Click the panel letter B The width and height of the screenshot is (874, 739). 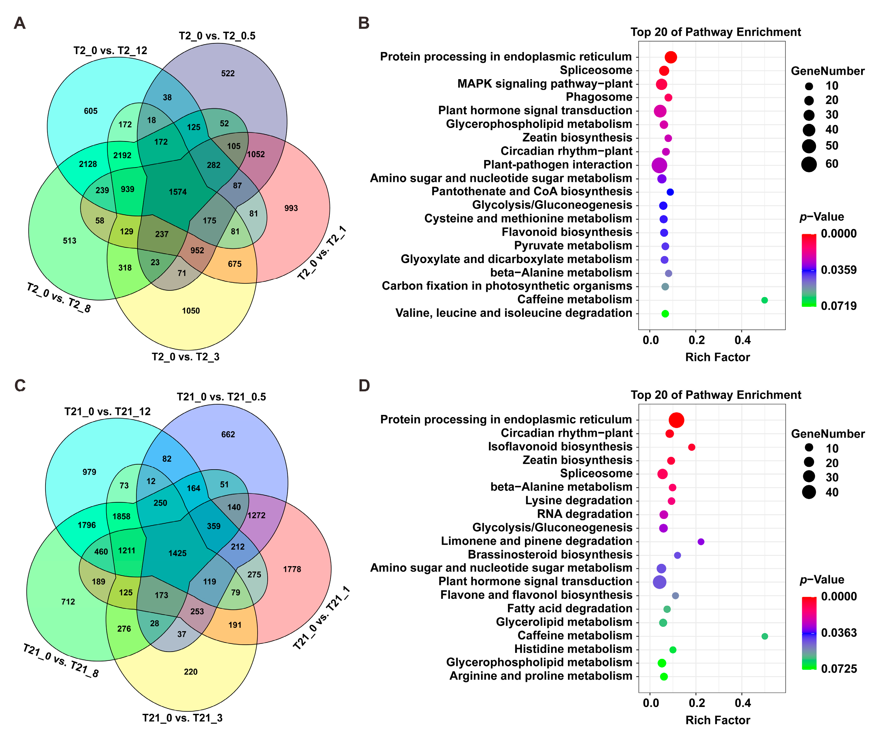tap(363, 23)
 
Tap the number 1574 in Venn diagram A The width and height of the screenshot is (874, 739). tap(178, 192)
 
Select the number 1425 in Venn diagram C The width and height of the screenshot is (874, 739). tap(177, 553)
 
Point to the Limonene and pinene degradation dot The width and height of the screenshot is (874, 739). tap(701, 542)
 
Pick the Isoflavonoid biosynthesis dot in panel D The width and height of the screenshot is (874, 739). tap(691, 447)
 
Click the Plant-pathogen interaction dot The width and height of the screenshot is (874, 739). tap(659, 165)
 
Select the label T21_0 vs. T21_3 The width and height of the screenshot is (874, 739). tap(182, 718)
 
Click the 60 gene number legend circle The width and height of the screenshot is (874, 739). tap(809, 164)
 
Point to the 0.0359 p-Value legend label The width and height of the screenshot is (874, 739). tap(838, 270)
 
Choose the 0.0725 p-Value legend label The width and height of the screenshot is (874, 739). tap(839, 669)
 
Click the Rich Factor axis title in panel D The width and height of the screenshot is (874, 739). tap(717, 720)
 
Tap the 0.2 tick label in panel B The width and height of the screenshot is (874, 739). tap(696, 340)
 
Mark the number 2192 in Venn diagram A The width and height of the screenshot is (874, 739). tap(122, 155)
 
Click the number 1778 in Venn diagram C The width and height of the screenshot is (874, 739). tap(292, 569)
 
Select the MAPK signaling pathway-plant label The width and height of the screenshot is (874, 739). tap(544, 84)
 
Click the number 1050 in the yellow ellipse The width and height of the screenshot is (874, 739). tap(191, 311)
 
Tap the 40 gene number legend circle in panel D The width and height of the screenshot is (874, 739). tap(809, 492)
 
